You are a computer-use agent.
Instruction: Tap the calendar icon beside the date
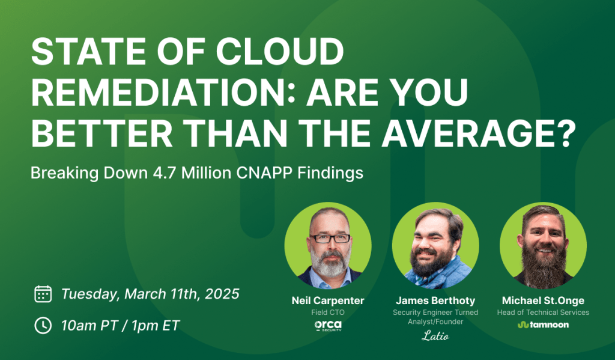pyautogui.click(x=43, y=294)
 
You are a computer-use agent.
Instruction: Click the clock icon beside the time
pyautogui.click(x=43, y=325)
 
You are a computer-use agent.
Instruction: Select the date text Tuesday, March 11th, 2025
pyautogui.click(x=150, y=294)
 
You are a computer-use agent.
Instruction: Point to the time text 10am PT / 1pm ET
pyautogui.click(x=120, y=325)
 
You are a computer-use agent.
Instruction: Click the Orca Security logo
pyautogui.click(x=328, y=325)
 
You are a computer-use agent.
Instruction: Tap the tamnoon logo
pyautogui.click(x=543, y=325)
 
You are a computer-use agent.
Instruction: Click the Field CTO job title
pyautogui.click(x=328, y=313)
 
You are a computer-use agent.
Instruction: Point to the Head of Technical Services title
pyautogui.click(x=543, y=313)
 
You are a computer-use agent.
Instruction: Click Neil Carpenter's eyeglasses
pyautogui.click(x=330, y=238)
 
